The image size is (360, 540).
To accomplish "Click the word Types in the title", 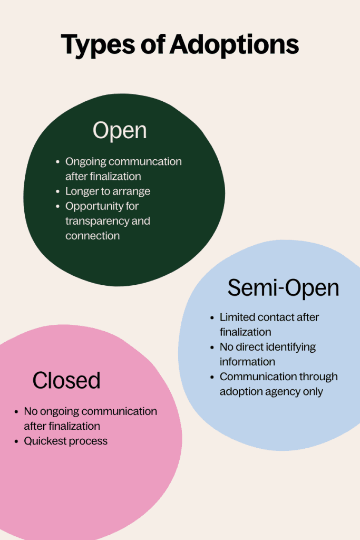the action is point(98,45).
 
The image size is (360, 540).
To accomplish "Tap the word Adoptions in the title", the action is point(234,44).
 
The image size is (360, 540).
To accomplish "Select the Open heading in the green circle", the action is point(120,131).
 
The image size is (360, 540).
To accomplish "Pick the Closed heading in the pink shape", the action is point(66,380).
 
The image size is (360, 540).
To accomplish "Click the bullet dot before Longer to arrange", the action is point(57,191).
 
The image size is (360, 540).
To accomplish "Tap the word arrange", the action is point(134,192).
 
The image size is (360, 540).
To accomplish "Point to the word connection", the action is point(93,236).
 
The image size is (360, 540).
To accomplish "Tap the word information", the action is point(247,362).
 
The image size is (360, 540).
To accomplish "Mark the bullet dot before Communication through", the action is point(212,377).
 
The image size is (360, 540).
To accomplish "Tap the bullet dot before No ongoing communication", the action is point(16,411).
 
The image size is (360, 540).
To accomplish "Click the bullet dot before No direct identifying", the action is point(212,347).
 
